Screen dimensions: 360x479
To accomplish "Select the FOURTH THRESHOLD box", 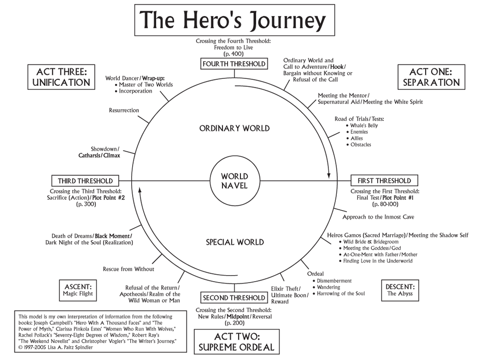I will (x=234, y=64).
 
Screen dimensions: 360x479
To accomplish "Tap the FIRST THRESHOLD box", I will (x=384, y=181).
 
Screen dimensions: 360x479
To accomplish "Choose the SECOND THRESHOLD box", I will (x=234, y=298).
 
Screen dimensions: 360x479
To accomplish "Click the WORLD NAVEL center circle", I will (x=234, y=181).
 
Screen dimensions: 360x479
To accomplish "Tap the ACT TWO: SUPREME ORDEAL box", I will (x=234, y=342).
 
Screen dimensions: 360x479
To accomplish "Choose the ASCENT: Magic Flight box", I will (x=78, y=290).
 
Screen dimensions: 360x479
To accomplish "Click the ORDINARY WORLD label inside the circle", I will (x=234, y=128).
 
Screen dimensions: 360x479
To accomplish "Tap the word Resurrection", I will (x=124, y=110).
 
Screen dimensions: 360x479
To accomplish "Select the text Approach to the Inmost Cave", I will (x=378, y=217).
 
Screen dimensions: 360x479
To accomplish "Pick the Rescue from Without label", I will (x=128, y=269).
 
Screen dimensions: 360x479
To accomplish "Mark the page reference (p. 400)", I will (x=234, y=53).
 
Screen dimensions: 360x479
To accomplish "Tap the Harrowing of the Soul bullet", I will (x=341, y=294).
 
